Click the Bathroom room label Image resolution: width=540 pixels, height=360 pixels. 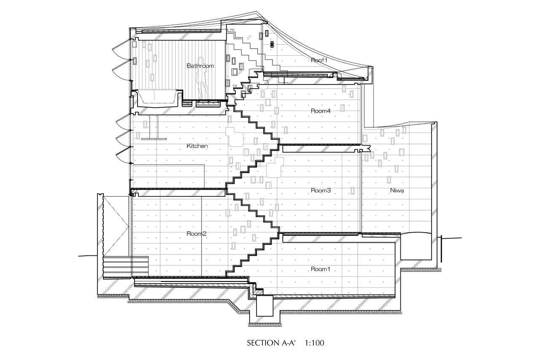pos(200,65)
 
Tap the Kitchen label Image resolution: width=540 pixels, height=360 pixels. pos(197,146)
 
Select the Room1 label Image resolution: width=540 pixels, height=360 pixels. pos(320,269)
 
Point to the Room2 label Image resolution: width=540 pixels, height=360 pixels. pos(197,234)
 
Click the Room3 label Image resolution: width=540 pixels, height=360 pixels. pos(321,190)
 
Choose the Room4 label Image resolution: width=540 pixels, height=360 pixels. pos(321,111)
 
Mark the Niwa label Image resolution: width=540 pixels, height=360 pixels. pos(397,190)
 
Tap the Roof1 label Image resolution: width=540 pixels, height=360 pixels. pos(319,60)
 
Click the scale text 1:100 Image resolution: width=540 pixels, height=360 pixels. pos(314,343)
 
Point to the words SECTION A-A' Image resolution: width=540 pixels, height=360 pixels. pos(271,343)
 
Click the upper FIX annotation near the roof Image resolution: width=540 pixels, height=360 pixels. pos(232,30)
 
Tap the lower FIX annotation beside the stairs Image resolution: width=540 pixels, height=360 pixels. pos(235,86)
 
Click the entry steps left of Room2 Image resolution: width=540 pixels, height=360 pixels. pos(126,267)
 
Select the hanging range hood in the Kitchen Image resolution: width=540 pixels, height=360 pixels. pos(154,127)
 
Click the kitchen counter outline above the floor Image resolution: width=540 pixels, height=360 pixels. pos(168,176)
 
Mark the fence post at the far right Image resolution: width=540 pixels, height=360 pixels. pos(441,249)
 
